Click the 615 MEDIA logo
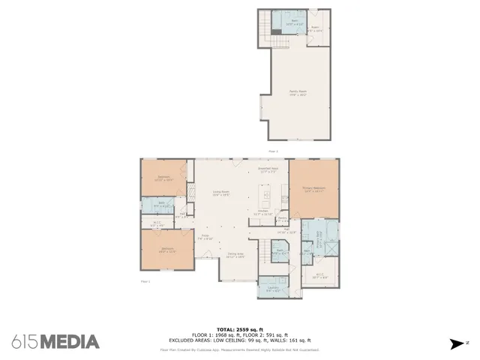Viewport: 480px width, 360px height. [x=55, y=342]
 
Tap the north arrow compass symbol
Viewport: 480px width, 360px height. [x=456, y=344]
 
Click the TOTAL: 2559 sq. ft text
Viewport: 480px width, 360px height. [x=240, y=329]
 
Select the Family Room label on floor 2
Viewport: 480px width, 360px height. [x=298, y=93]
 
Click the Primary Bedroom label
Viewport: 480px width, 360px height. [x=313, y=190]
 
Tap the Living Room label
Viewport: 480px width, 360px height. [x=220, y=193]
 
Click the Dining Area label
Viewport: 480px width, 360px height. [x=235, y=255]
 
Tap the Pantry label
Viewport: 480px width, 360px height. [x=283, y=219]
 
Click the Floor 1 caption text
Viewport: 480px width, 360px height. [x=145, y=281]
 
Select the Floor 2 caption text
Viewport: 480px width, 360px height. [x=273, y=151]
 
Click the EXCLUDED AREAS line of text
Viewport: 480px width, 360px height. [x=240, y=340]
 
